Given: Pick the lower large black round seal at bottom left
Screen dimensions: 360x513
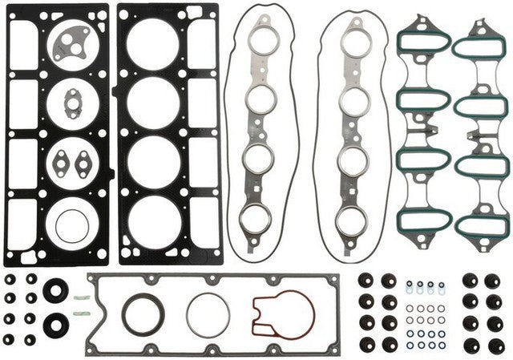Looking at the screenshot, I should click(55, 325).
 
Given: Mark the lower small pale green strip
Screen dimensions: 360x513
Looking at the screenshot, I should click(79, 316).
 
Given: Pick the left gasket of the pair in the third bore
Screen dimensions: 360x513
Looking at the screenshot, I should click(59, 164).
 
